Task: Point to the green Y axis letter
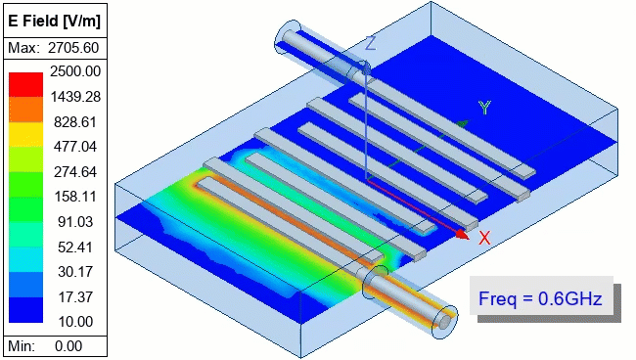pos(483,108)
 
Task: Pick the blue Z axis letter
pos(371,43)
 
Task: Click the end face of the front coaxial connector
pos(445,318)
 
